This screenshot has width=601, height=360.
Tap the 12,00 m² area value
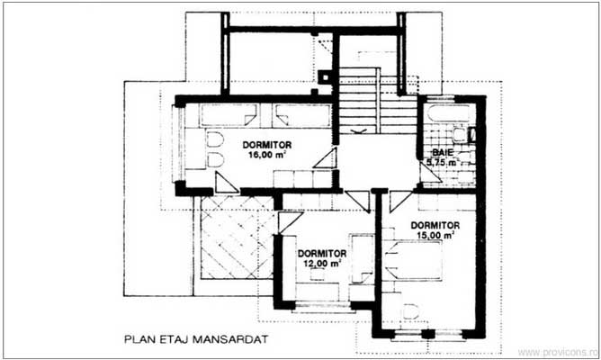(322, 264)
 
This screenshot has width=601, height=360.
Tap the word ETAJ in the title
(180, 341)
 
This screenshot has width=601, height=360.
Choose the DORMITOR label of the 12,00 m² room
(322, 254)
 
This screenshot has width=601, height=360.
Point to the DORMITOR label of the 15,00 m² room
(435, 225)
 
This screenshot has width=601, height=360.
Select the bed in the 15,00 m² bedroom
(409, 261)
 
